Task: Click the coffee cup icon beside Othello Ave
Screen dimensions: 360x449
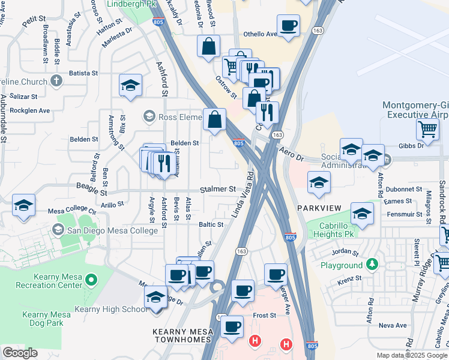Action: pyautogui.click(x=289, y=26)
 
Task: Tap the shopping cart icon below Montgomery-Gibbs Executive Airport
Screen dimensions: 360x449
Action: pyautogui.click(x=427, y=128)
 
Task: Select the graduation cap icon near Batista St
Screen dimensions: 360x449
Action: pyautogui.click(x=130, y=86)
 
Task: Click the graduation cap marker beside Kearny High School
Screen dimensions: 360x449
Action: pyautogui.click(x=156, y=297)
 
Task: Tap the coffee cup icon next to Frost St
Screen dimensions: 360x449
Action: pyautogui.click(x=232, y=327)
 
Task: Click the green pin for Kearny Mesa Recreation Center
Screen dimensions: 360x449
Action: pyautogui.click(x=91, y=280)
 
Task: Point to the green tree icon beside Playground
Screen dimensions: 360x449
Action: pyautogui.click(x=372, y=265)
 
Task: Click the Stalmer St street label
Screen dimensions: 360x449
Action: pyautogui.click(x=218, y=189)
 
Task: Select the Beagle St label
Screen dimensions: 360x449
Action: pyautogui.click(x=92, y=192)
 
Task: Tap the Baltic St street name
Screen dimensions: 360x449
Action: pyautogui.click(x=211, y=224)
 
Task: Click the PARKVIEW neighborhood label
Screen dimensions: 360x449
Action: pyautogui.click(x=319, y=208)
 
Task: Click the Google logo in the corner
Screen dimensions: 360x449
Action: pyautogui.click(x=20, y=352)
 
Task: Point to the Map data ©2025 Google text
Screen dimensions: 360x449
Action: pyautogui.click(x=411, y=355)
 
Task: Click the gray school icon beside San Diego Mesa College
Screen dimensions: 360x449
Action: pyautogui.click(x=58, y=229)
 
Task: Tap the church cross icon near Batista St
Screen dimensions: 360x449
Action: pyautogui.click(x=56, y=80)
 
